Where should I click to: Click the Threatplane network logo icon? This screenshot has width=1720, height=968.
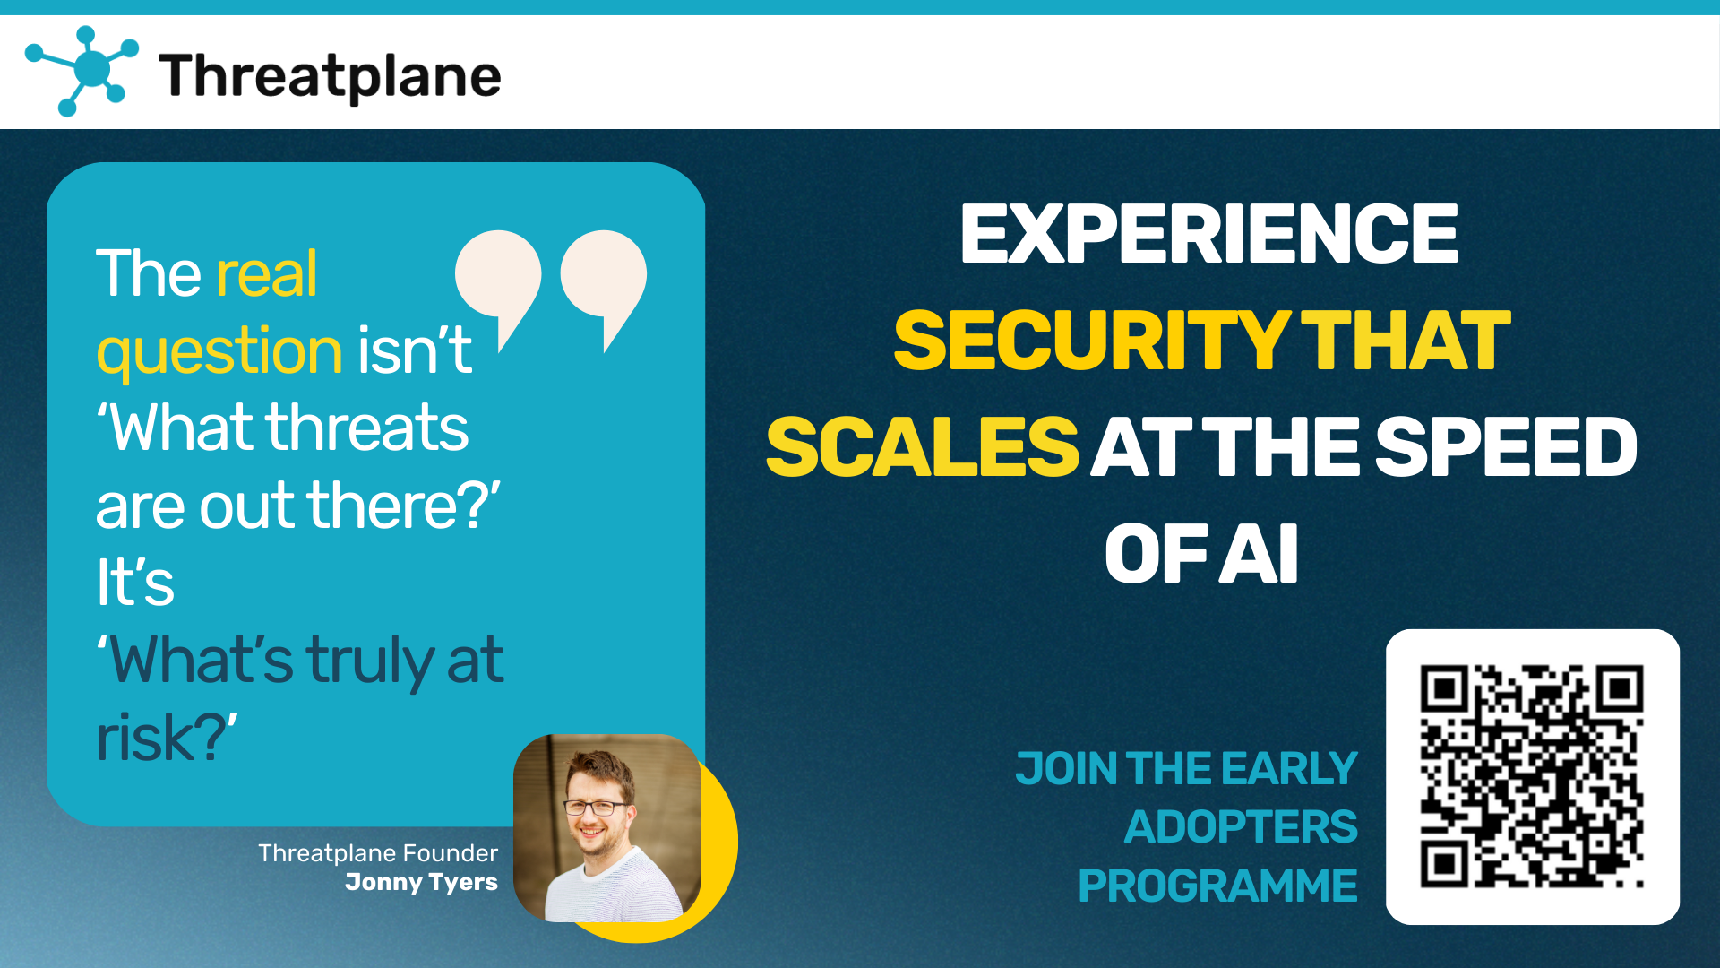pyautogui.click(x=82, y=71)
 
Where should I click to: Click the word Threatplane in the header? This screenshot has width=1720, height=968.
pyautogui.click(x=330, y=76)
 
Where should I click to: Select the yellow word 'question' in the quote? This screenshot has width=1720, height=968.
pyautogui.click(x=219, y=352)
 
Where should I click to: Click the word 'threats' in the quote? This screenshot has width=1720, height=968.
pyautogui.click(x=367, y=428)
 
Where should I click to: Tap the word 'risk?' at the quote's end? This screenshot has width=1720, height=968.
pyautogui.click(x=167, y=737)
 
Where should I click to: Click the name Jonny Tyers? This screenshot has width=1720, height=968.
pyautogui.click(x=421, y=882)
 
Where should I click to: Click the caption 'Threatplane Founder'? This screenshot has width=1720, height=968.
pyautogui.click(x=377, y=853)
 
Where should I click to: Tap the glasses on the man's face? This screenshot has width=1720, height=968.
pyautogui.click(x=595, y=807)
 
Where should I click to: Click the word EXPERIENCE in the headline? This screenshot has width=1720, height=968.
pyautogui.click(x=1209, y=234)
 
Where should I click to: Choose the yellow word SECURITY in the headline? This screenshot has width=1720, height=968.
pyautogui.click(x=1092, y=341)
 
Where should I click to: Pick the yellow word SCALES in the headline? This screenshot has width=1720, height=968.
pyautogui.click(x=923, y=447)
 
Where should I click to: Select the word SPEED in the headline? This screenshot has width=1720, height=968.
pyautogui.click(x=1506, y=447)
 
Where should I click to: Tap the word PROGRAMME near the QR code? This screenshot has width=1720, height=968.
pyautogui.click(x=1218, y=886)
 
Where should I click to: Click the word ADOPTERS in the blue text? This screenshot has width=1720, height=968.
pyautogui.click(x=1242, y=826)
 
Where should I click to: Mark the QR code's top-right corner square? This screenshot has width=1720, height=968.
pyautogui.click(x=1621, y=688)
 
